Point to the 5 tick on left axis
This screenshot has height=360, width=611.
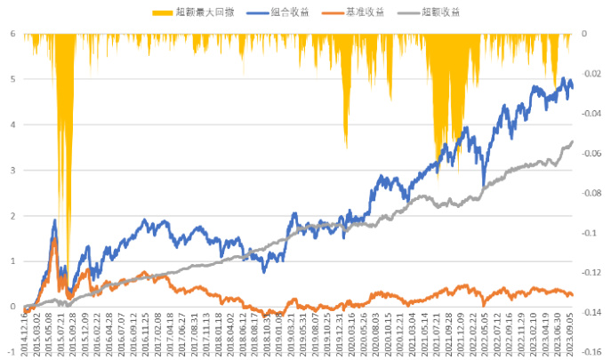(12, 79)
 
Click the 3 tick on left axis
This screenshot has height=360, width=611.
(12, 170)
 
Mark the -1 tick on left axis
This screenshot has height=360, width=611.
(11, 352)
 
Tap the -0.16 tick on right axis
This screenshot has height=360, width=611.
(591, 351)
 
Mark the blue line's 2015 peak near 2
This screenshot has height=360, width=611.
(55, 220)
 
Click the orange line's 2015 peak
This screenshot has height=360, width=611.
(54, 239)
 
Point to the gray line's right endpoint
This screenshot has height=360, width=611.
(573, 141)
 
